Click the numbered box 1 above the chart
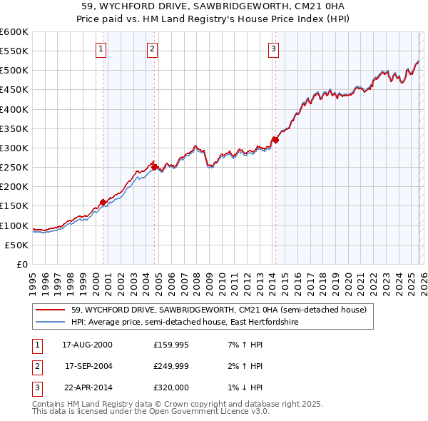click(x=101, y=49)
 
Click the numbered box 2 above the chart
click(x=153, y=49)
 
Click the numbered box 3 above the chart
click(x=274, y=49)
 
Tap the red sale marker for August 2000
click(x=103, y=202)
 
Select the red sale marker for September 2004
click(x=155, y=167)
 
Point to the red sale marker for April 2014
click(x=275, y=140)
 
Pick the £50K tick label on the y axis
click(x=17, y=245)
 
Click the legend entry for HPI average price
click(x=185, y=323)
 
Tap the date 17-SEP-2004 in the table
click(x=88, y=366)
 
